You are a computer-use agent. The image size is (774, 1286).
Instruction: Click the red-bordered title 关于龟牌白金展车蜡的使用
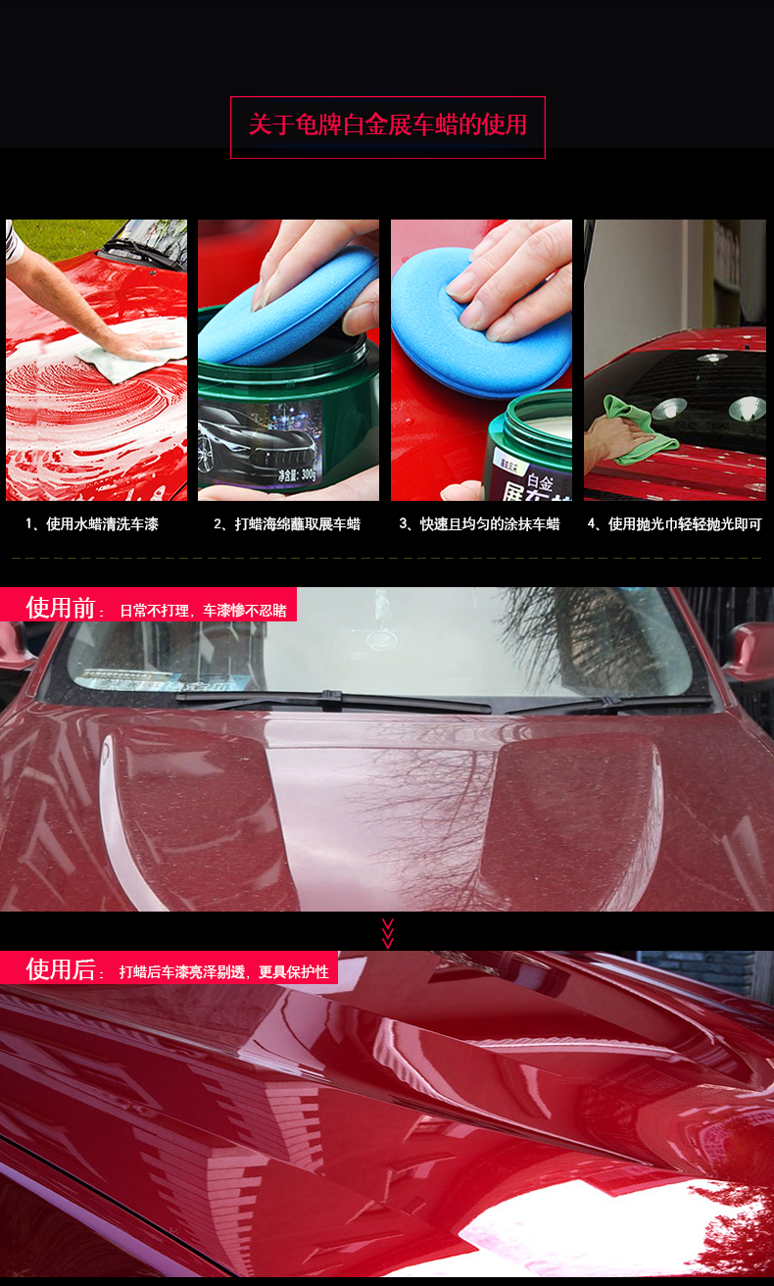click(x=387, y=124)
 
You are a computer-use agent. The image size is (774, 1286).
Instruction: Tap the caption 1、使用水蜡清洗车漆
click(x=92, y=523)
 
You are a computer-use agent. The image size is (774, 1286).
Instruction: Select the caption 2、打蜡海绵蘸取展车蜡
click(x=287, y=523)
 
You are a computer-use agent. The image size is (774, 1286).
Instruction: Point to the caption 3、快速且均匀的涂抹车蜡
click(x=479, y=523)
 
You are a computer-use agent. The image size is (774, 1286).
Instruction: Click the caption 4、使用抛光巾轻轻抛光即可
click(x=674, y=523)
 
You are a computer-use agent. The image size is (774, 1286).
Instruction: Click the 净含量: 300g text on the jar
click(x=297, y=474)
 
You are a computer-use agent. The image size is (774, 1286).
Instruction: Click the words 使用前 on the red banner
click(x=60, y=608)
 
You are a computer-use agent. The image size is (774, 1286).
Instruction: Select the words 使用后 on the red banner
click(x=60, y=969)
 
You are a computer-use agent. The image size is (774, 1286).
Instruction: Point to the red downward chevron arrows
click(x=388, y=933)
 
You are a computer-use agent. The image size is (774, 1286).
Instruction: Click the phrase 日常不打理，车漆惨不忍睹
click(x=203, y=611)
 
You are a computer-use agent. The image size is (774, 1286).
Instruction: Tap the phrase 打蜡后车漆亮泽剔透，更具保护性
click(x=223, y=972)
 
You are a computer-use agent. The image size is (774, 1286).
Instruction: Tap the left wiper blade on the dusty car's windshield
click(x=333, y=702)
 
